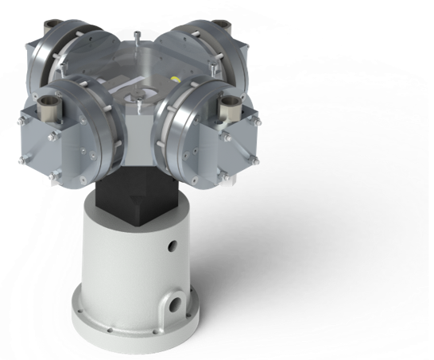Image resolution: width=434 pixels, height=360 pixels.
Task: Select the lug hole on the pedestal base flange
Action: click(173, 304)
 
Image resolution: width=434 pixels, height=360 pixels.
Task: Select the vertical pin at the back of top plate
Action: click(138, 37)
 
